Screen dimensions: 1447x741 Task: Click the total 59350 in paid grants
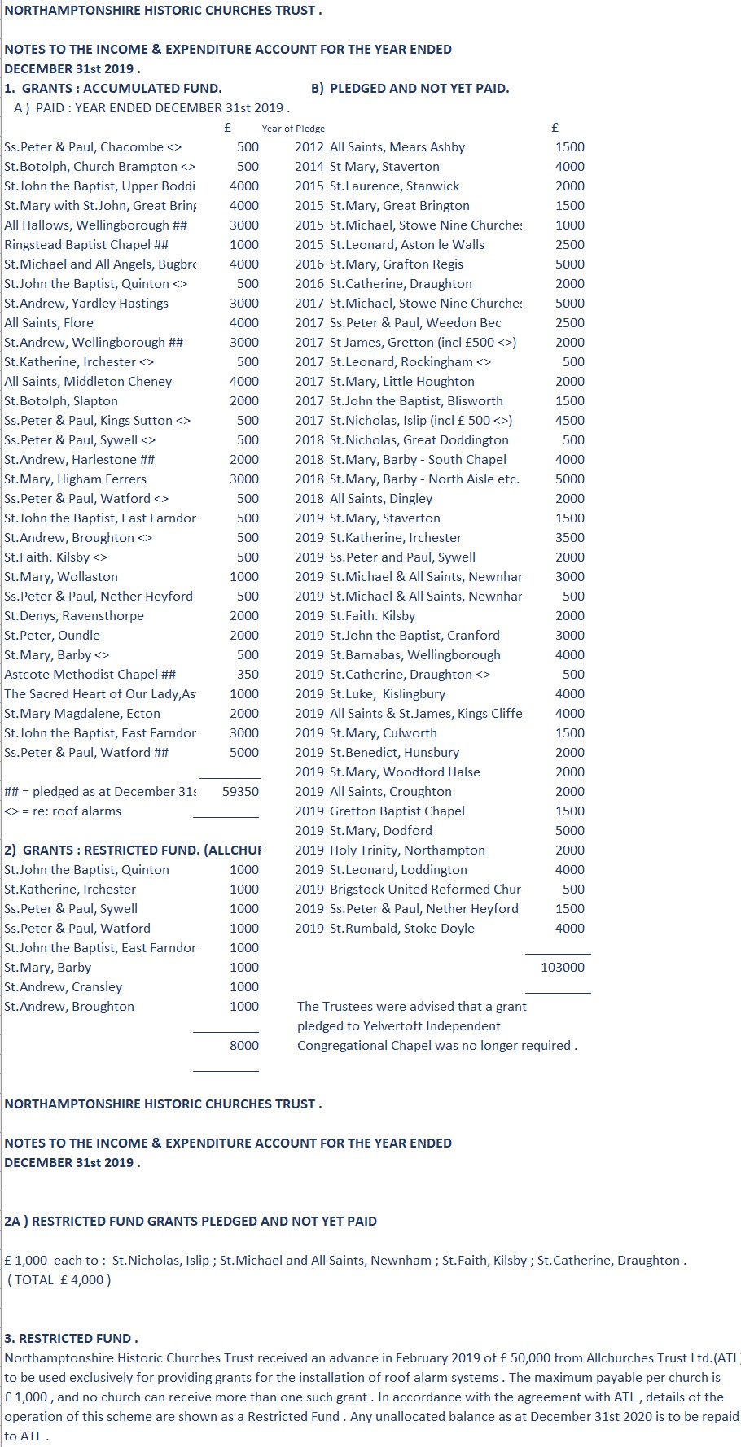[240, 791]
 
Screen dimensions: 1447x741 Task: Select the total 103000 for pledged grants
[562, 967]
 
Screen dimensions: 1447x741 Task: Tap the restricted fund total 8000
[243, 1045]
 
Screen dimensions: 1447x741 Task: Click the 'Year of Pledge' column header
[293, 129]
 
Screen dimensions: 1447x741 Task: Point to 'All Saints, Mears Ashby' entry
[397, 147]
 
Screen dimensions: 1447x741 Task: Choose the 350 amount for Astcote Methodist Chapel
[248, 674]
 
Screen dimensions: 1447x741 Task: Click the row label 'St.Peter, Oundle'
[52, 635]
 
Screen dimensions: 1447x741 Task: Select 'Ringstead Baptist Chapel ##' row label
[86, 244]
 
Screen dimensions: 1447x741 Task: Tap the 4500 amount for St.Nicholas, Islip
[569, 420]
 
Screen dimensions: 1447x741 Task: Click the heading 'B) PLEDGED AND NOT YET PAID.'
[410, 88]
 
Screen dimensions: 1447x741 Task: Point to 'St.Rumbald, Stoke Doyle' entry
[401, 928]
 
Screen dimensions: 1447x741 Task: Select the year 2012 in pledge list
[309, 147]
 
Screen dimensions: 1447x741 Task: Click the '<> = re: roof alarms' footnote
[63, 811]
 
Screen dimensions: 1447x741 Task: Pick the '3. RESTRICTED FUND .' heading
[71, 1338]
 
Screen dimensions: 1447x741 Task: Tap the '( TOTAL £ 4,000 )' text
[59, 1279]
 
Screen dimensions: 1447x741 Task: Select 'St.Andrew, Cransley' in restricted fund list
[63, 986]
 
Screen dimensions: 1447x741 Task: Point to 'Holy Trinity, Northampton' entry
[407, 850]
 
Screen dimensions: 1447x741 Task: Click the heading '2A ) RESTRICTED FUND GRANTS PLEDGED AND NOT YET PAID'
[191, 1221]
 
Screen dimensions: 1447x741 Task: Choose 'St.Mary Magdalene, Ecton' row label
[82, 713]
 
